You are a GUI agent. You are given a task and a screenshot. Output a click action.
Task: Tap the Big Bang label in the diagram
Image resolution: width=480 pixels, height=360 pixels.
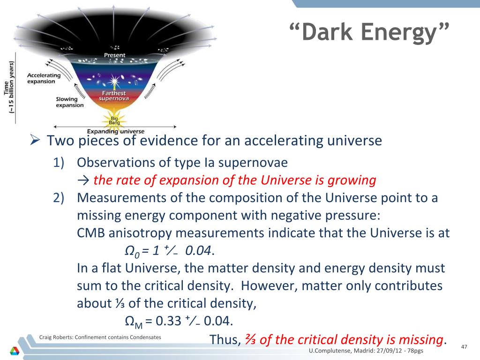(x=114, y=120)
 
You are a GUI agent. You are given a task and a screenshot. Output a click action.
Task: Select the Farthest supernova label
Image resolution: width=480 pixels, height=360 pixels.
(x=114, y=96)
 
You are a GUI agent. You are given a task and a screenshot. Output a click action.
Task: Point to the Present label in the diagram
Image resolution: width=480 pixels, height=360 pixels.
(x=114, y=55)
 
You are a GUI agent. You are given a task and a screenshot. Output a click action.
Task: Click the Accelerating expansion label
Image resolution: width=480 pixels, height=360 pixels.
(x=44, y=78)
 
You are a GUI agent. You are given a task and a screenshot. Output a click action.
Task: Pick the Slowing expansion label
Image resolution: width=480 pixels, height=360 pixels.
(x=69, y=102)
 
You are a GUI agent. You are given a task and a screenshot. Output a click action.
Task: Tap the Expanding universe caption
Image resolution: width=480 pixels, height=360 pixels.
(x=116, y=131)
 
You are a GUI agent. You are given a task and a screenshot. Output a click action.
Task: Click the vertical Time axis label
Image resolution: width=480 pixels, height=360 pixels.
(x=9, y=87)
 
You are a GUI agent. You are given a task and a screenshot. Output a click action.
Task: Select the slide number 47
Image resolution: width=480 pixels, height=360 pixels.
(x=464, y=346)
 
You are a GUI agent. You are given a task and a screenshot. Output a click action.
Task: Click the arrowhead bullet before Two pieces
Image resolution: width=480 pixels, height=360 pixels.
(x=35, y=141)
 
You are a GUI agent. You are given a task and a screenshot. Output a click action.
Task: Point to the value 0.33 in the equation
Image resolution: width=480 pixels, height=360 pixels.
(x=168, y=321)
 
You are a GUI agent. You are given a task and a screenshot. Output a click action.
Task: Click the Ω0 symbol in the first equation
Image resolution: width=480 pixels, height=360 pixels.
(x=132, y=251)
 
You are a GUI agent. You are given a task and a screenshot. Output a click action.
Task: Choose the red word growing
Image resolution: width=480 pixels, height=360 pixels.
(x=352, y=180)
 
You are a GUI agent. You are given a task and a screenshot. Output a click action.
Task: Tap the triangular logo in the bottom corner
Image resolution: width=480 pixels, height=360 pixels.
(x=15, y=351)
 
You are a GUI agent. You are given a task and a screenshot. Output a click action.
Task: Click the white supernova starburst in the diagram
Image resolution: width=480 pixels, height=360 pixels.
(x=114, y=81)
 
